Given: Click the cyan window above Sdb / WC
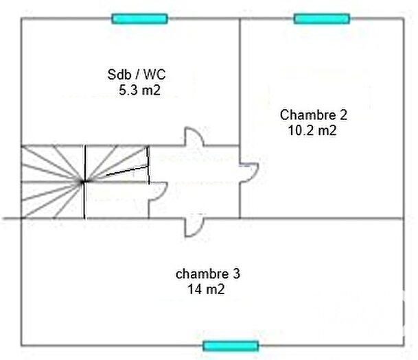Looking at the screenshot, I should [x=140, y=19].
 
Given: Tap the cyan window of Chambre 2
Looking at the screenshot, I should [x=321, y=19].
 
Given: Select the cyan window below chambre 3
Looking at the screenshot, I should [x=231, y=346].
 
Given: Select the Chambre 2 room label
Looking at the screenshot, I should [x=307, y=114].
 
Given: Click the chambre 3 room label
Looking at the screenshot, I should [x=208, y=274].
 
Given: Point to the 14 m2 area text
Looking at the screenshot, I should [x=207, y=289].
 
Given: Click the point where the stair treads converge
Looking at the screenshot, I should [x=84, y=182].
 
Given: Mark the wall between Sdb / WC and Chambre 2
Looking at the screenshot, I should [x=240, y=82].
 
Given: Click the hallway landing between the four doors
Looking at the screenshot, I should [x=196, y=182].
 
